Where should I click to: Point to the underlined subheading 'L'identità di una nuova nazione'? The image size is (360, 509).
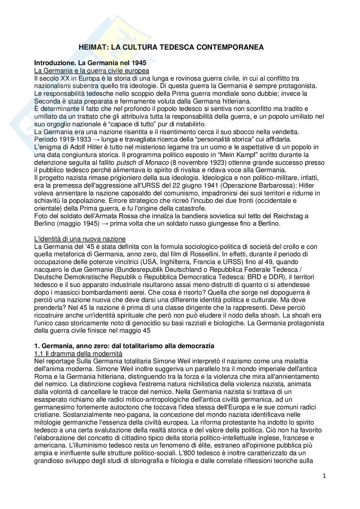80,239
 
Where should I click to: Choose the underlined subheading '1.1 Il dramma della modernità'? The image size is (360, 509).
78,354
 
